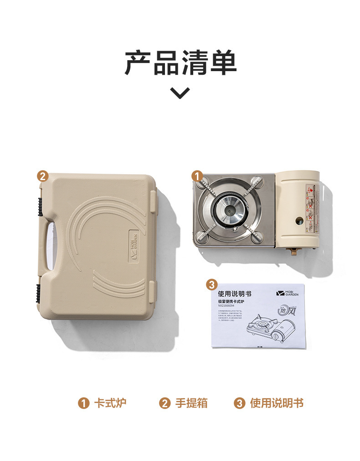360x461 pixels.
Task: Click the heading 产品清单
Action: point(180,63)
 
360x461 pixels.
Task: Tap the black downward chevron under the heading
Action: point(180,93)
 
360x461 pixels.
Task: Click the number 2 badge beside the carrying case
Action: point(42,176)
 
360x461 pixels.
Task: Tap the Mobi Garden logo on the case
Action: point(135,247)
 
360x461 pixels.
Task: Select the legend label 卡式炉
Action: point(109,403)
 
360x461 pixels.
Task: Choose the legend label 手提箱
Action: point(191,403)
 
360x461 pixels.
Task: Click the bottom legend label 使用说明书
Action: point(276,403)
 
